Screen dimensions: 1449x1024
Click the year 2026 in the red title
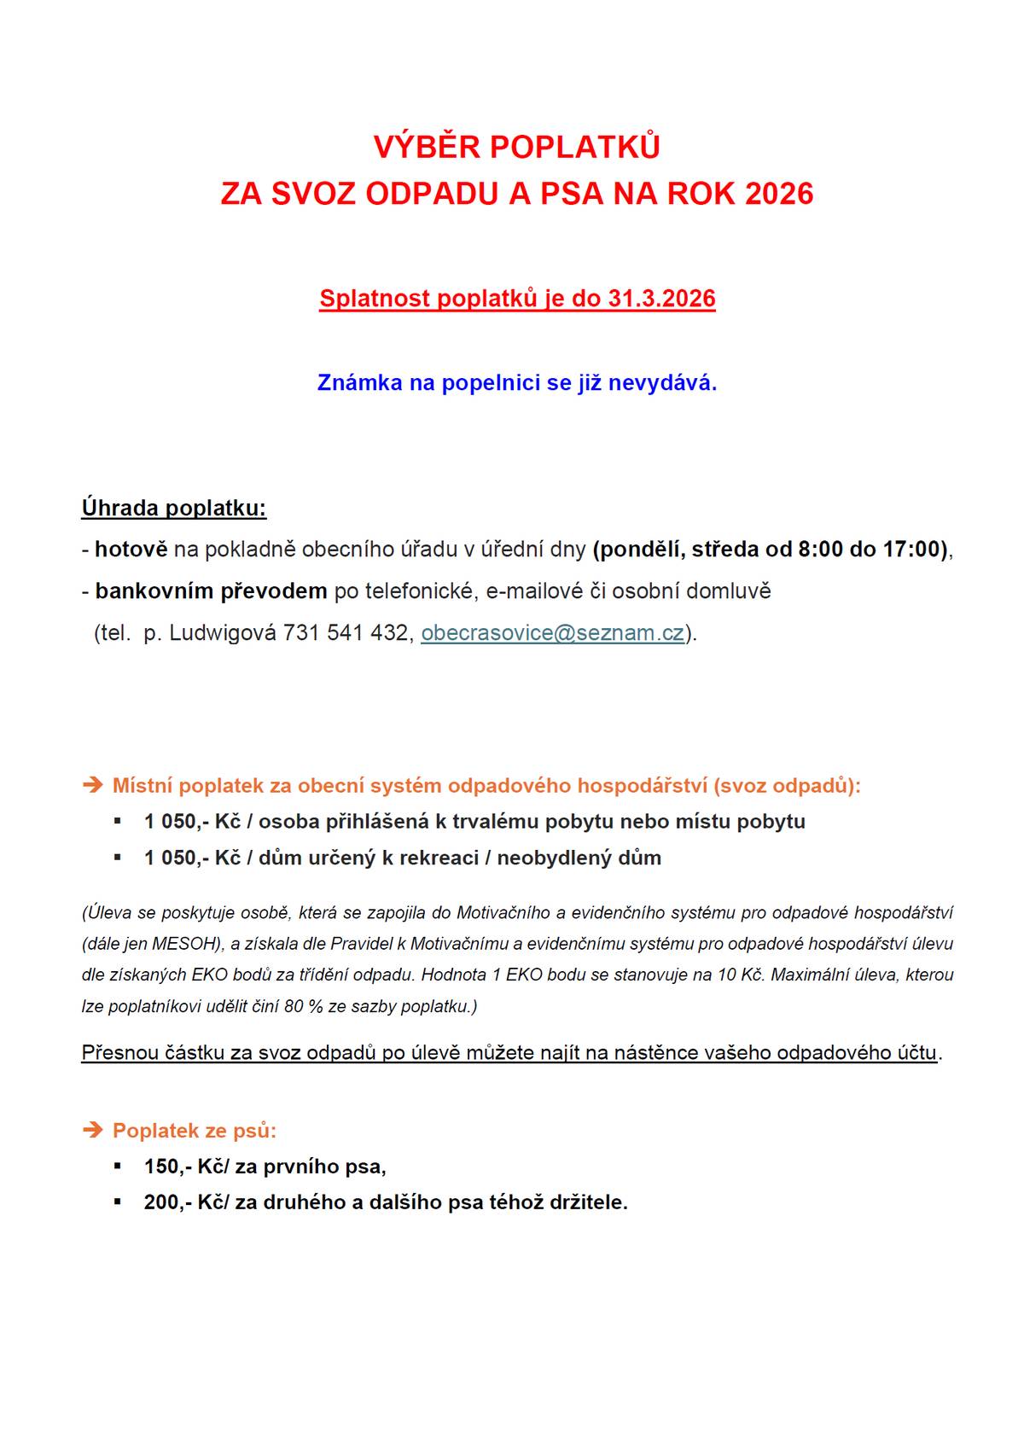tap(779, 194)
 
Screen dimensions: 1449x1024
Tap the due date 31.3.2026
tap(661, 299)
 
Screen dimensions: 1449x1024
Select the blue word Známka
tap(359, 383)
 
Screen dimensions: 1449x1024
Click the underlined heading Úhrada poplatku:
tap(174, 509)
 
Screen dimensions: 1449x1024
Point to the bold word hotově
tap(131, 550)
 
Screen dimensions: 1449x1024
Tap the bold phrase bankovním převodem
tap(211, 591)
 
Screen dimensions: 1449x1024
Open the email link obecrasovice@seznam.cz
tap(553, 633)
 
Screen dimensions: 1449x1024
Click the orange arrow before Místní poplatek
tap(92, 785)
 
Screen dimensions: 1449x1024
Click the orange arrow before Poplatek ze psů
tap(92, 1131)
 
